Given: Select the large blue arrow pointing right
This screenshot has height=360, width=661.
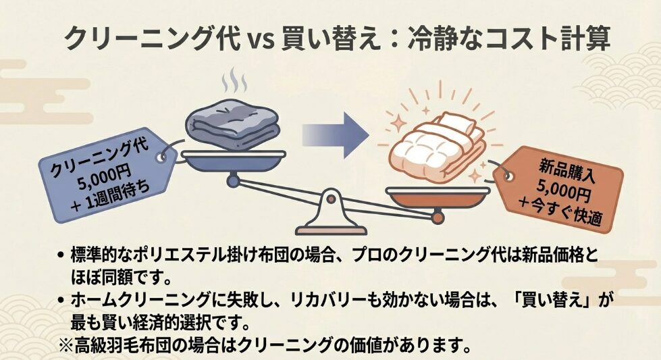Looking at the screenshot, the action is point(335,135).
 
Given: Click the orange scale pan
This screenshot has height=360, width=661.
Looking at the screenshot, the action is point(438,198).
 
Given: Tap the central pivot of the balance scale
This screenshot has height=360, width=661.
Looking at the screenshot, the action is point(332,199).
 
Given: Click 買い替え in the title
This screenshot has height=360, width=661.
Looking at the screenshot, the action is point(330,38).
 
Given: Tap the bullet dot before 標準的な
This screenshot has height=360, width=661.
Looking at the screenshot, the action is point(61,255).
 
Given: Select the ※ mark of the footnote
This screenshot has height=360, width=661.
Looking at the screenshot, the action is point(66,346).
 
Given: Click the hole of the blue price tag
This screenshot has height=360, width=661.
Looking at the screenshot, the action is point(161,157).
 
